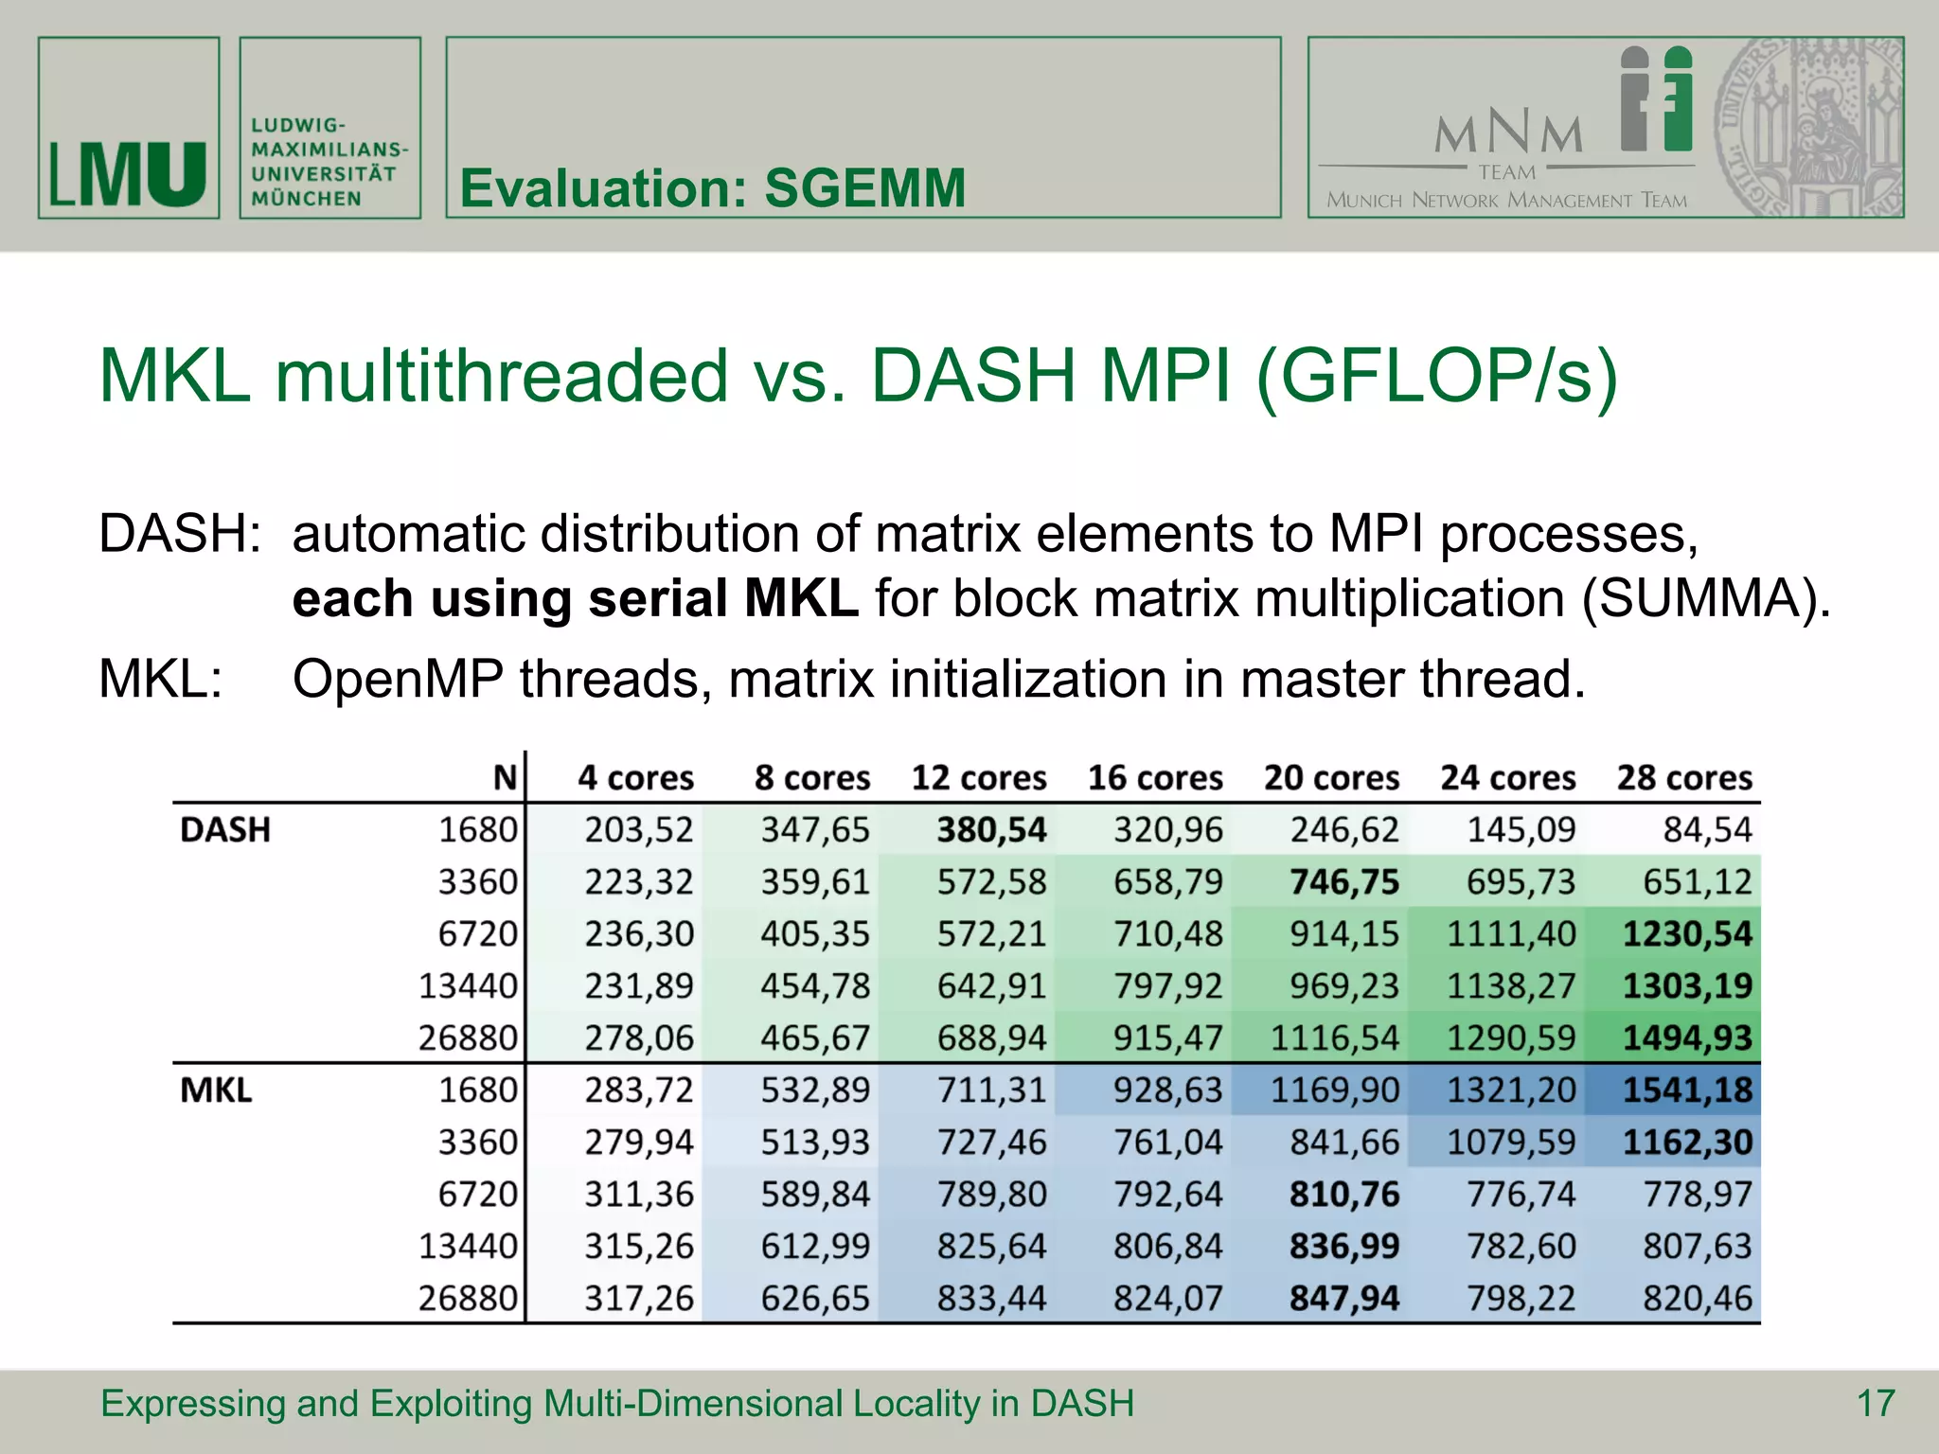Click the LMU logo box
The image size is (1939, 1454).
[x=129, y=129]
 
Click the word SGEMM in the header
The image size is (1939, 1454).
[x=864, y=187]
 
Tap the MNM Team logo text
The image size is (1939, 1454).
[x=1507, y=137]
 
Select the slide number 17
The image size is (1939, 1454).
[x=1876, y=1403]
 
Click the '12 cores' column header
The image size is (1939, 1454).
[x=979, y=778]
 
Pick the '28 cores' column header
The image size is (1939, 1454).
[x=1684, y=778]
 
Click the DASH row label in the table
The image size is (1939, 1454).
[x=225, y=830]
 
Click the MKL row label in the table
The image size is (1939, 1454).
[x=216, y=1090]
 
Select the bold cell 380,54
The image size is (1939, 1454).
[x=991, y=830]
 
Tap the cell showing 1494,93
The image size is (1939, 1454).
[x=1687, y=1038]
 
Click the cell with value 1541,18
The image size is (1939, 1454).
[x=1687, y=1090]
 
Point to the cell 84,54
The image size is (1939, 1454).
[x=1707, y=830]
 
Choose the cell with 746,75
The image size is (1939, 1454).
[x=1344, y=882]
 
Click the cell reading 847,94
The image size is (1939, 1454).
[x=1344, y=1299]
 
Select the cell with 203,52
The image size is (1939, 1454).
[x=639, y=830]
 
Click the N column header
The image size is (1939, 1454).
[x=505, y=778]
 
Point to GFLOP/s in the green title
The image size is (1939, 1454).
[x=1436, y=376]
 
